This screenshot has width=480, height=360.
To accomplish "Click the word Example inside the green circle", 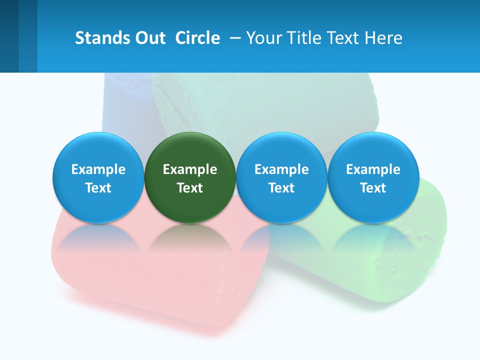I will (190, 169).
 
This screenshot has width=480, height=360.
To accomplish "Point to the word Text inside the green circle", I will (190, 188).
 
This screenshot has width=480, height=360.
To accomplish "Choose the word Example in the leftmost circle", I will (98, 169).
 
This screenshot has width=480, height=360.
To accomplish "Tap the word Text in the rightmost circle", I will (373, 188).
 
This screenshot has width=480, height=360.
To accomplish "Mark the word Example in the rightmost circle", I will (373, 169).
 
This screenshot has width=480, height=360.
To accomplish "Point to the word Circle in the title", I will (197, 38).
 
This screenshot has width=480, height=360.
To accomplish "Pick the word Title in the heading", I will (304, 38).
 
